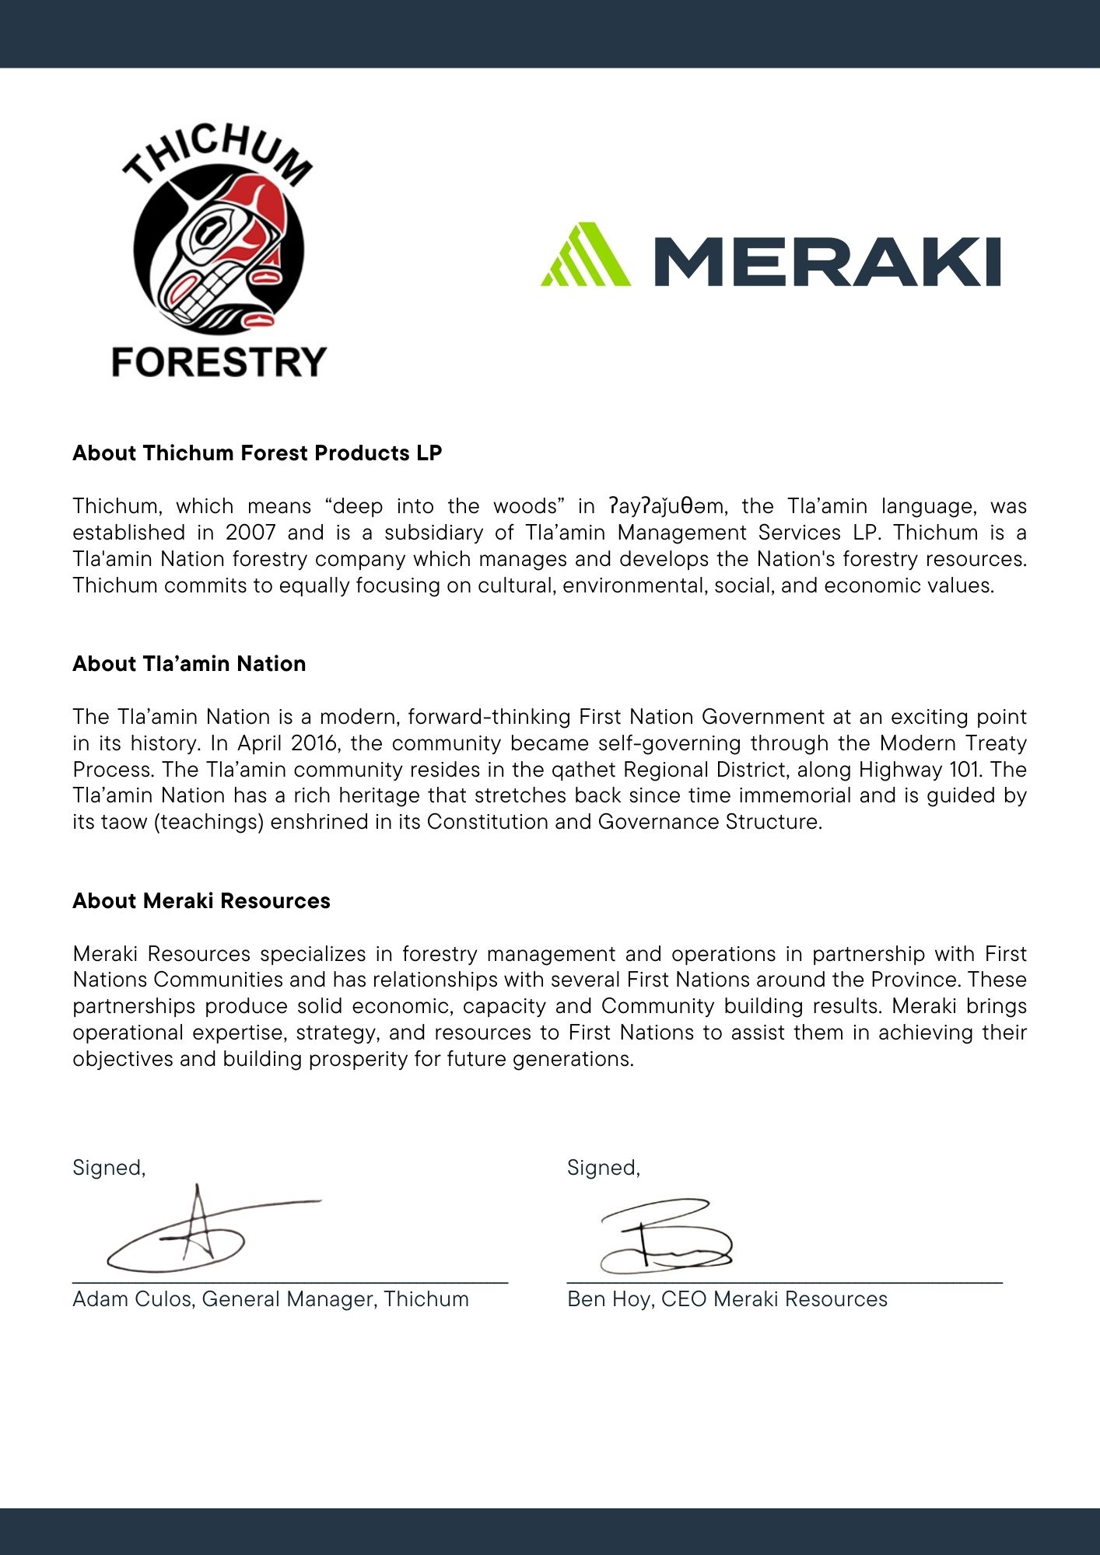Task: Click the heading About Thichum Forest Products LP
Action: tap(257, 453)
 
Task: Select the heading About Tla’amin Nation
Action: tap(189, 664)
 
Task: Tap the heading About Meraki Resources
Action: tap(201, 901)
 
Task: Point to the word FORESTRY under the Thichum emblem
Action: tap(219, 363)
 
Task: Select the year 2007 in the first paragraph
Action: tap(250, 533)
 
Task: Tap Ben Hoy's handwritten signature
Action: tap(665, 1236)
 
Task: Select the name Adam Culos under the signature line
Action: tap(132, 1299)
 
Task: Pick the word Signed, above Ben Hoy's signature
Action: tap(603, 1168)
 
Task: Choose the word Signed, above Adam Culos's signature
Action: tap(109, 1168)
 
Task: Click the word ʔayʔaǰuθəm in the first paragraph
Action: tap(667, 507)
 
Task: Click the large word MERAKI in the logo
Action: tap(826, 262)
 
